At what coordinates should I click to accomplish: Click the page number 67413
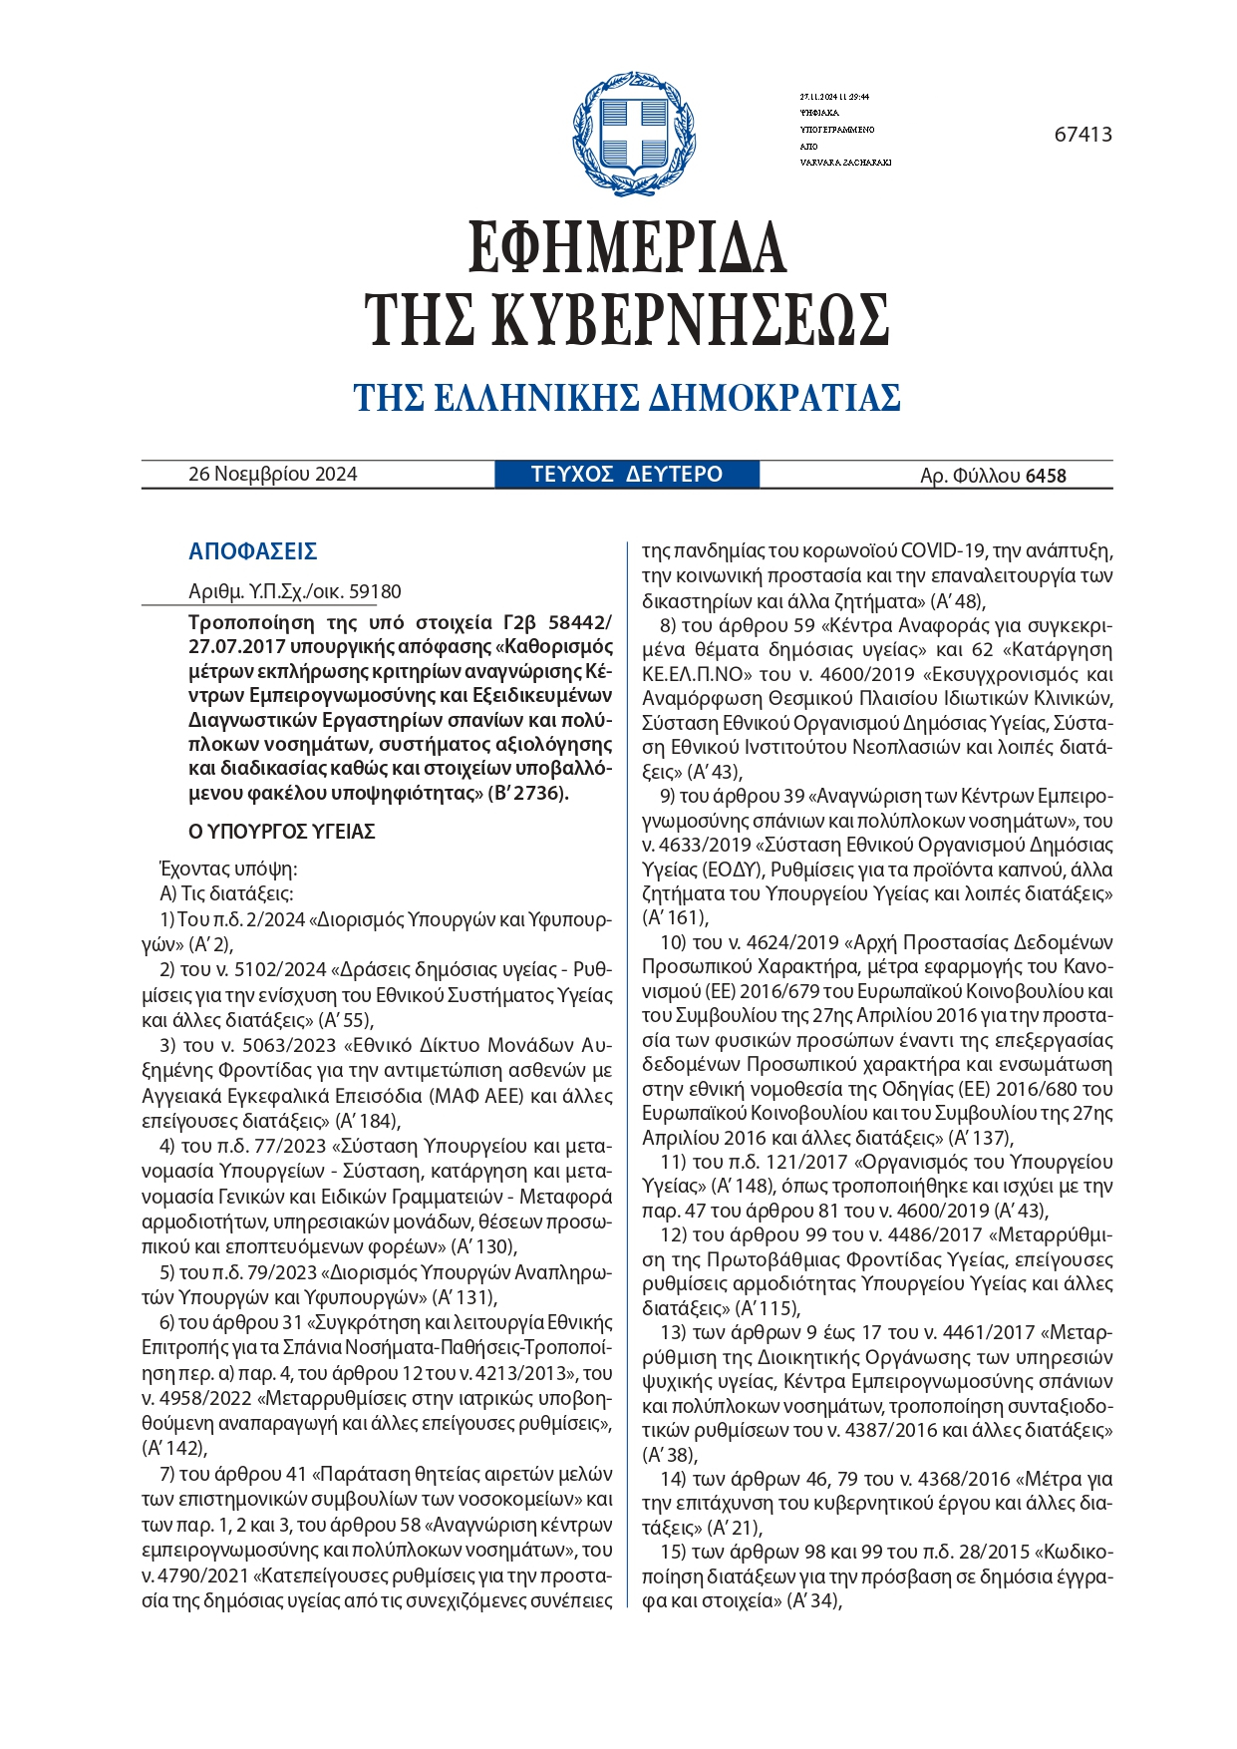(x=1082, y=135)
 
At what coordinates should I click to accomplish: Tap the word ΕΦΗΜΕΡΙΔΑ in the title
(x=627, y=246)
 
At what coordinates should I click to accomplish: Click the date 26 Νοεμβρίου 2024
(x=272, y=475)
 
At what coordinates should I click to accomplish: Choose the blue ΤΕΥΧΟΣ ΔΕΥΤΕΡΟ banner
(x=627, y=475)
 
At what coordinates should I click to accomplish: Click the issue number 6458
(x=1046, y=476)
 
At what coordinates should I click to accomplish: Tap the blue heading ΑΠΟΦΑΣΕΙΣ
(x=252, y=551)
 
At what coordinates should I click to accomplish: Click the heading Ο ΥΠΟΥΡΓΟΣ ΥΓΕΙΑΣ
(x=282, y=832)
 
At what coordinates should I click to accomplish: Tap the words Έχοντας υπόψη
(x=228, y=869)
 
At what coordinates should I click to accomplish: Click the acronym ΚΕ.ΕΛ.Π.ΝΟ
(x=697, y=674)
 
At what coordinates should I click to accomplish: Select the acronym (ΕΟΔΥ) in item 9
(x=732, y=869)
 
